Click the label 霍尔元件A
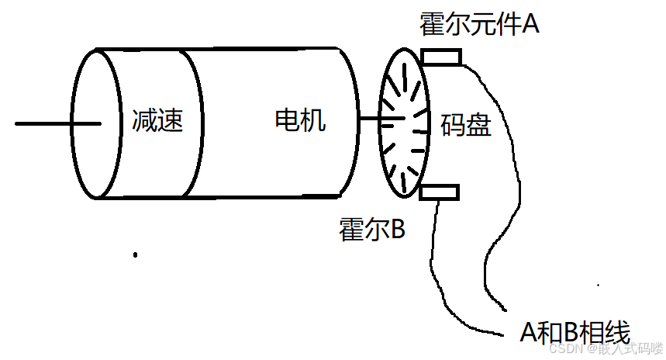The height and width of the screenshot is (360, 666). point(478,24)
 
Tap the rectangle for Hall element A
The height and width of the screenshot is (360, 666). point(440,57)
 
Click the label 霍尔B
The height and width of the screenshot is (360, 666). point(372,229)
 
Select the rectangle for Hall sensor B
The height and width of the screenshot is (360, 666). point(439,192)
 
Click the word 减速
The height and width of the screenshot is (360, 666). point(157,120)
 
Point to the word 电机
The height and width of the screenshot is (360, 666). point(300,120)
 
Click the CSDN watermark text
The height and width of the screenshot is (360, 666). point(605,350)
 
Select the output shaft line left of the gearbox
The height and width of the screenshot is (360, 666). point(47,123)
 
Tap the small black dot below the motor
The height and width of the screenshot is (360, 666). point(135,254)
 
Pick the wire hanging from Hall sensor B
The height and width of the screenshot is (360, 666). point(431,256)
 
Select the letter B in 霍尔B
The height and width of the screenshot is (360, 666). point(396,229)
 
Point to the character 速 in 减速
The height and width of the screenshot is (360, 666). point(171,120)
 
